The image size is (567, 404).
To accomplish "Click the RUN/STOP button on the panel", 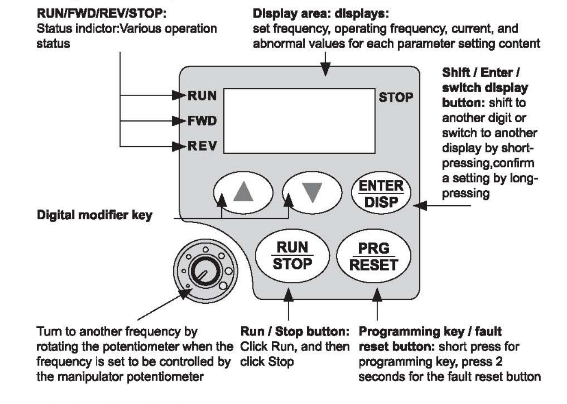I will tap(292, 256).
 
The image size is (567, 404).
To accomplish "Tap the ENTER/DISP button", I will tap(381, 193).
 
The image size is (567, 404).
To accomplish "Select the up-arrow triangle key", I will tap(243, 192).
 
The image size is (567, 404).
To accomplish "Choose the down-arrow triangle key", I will tap(312, 192).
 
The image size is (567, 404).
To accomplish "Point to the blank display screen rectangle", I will tap(299, 121).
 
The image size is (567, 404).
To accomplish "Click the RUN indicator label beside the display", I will tap(202, 96).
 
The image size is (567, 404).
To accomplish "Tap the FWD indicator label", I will tap(202, 121).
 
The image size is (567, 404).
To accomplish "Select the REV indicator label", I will tap(202, 146).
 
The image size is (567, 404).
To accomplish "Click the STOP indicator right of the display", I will tap(396, 97).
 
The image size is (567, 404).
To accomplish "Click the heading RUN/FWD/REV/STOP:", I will tap(101, 14).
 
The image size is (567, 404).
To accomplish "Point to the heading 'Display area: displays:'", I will tap(321, 14).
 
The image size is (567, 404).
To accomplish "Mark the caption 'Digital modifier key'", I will tap(94, 215).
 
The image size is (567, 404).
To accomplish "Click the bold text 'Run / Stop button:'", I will tap(294, 331).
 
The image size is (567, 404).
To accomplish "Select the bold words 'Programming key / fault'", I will tap(430, 331).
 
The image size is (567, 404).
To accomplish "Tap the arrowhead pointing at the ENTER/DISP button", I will tap(420, 206).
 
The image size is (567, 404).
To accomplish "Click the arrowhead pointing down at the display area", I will tap(326, 70).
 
